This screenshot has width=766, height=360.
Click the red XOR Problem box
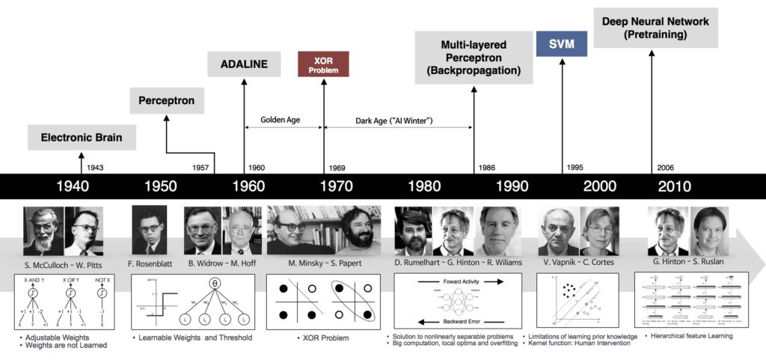tap(323, 64)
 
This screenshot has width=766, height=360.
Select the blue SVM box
tap(562, 44)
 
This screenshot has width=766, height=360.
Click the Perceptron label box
tap(166, 100)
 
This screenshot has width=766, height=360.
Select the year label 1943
tap(95, 168)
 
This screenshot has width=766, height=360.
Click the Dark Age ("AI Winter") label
tap(397, 119)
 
